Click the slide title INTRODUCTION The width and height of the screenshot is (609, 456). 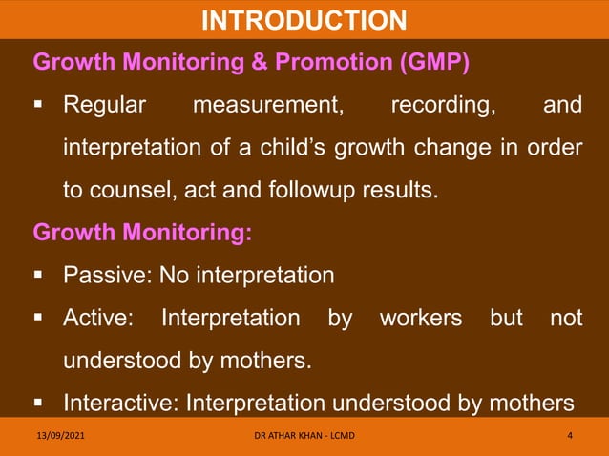[304, 19]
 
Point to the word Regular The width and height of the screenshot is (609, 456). [104, 105]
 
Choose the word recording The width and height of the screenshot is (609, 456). [443, 105]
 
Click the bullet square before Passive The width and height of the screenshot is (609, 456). [40, 277]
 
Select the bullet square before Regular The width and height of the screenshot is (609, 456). [40, 105]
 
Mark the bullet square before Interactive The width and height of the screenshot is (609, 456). [40, 403]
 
